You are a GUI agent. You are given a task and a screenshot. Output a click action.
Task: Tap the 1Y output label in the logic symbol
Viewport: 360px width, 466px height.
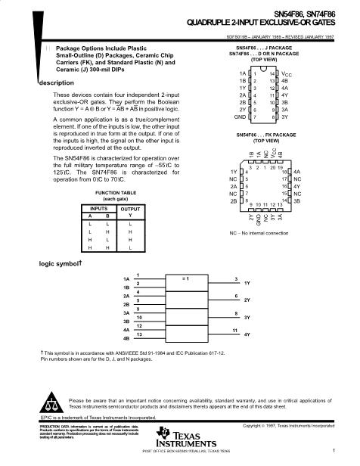[x=247, y=283]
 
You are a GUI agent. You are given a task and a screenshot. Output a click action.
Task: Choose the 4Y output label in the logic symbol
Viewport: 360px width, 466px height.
[x=247, y=334]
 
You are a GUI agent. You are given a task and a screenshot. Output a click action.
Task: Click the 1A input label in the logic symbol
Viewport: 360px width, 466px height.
[x=126, y=278]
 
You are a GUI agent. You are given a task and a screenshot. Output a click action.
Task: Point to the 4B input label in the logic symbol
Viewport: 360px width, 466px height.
[x=126, y=339]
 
